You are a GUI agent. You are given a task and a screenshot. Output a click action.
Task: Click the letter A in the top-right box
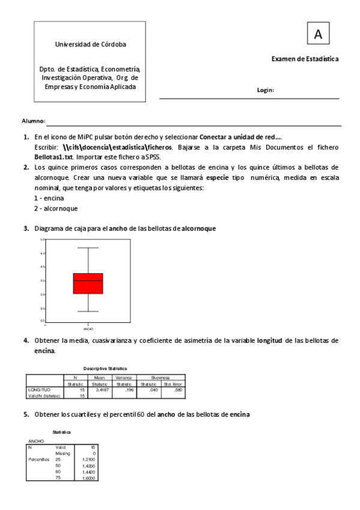[x=318, y=35]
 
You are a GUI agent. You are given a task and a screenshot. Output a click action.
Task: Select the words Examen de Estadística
[x=305, y=59]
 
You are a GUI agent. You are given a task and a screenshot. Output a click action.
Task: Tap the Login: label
[x=265, y=90]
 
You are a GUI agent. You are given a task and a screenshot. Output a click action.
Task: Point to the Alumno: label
[x=33, y=121]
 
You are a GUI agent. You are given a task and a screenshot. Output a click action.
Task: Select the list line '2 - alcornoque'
[x=56, y=208]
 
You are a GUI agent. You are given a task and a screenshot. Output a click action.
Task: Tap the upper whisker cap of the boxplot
[x=88, y=248]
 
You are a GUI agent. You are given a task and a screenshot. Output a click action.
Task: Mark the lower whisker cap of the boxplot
[x=88, y=312]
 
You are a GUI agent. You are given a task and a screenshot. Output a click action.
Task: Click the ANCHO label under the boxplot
[x=88, y=329]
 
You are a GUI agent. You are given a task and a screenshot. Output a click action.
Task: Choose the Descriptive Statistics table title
[x=105, y=368]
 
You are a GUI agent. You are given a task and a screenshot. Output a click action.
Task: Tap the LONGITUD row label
[x=38, y=390]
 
